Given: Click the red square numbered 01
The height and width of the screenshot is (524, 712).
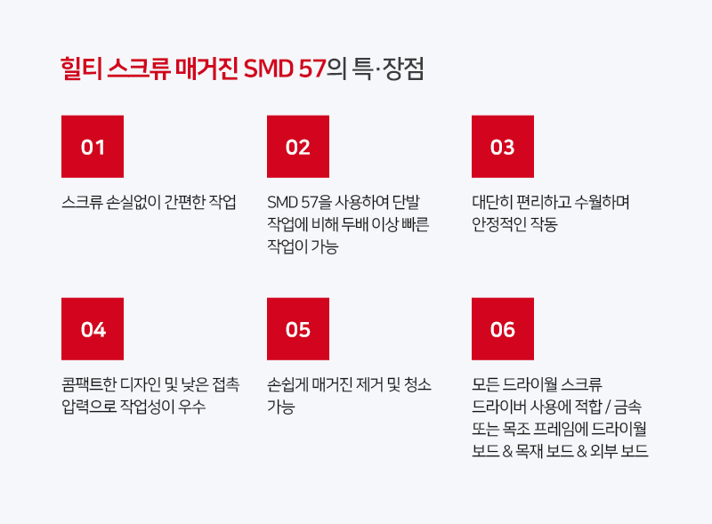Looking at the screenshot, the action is coord(93,146).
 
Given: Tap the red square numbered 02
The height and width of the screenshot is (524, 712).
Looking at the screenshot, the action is coord(298,146).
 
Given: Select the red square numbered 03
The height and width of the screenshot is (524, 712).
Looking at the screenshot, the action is coord(503,146).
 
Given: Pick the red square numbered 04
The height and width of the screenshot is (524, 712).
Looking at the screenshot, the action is coord(93,329).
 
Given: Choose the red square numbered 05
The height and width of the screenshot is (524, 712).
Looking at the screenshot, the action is coord(298,329).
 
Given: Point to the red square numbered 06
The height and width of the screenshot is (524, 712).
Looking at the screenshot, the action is coord(503,329).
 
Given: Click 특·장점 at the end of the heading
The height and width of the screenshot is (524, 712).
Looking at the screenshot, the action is coord(388,69).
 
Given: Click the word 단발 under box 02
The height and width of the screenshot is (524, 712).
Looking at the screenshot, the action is coord(406,202).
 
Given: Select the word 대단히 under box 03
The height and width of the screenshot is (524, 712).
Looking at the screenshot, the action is coord(492,202).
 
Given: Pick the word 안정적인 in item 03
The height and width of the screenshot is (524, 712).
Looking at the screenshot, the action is coord(498,224).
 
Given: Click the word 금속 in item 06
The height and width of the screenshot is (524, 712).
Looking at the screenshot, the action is coord(628,407).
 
